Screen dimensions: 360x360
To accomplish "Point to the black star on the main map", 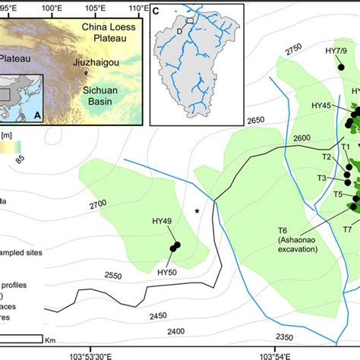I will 197,210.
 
